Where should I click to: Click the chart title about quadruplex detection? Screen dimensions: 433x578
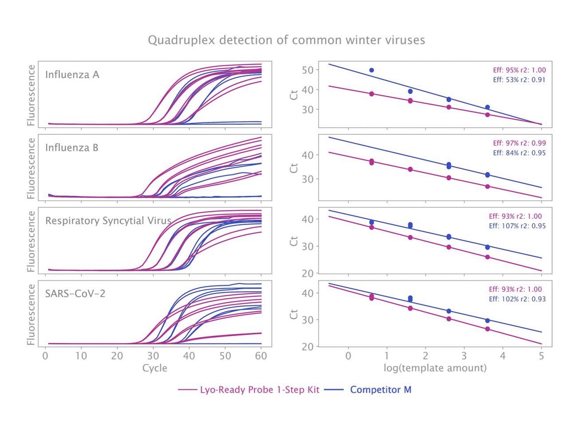point(286,40)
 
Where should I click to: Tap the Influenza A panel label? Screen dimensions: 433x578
point(72,74)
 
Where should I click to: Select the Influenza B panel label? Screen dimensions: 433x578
point(71,148)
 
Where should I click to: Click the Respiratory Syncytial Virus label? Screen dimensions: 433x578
point(108,221)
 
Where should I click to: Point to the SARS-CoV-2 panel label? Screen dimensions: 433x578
point(75,293)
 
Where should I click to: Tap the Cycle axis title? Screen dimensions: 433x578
point(154,368)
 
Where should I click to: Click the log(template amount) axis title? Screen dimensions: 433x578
point(435,368)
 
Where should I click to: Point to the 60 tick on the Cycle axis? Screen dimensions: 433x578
point(261,356)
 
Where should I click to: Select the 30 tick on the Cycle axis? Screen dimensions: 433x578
point(153,356)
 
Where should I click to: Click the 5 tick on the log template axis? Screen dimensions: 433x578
point(541,356)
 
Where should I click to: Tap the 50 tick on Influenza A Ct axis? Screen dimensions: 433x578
point(307,70)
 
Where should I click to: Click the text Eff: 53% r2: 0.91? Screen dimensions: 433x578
point(519,80)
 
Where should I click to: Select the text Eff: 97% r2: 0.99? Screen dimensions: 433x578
point(519,143)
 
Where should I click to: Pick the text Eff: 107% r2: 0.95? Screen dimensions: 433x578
point(517,226)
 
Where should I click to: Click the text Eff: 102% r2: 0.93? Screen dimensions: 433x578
point(517,299)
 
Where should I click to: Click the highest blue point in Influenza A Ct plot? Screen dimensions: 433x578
point(372,70)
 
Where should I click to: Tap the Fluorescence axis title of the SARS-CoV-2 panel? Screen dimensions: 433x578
point(31,315)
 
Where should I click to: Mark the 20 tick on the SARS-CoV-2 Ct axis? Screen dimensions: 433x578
point(307,347)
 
